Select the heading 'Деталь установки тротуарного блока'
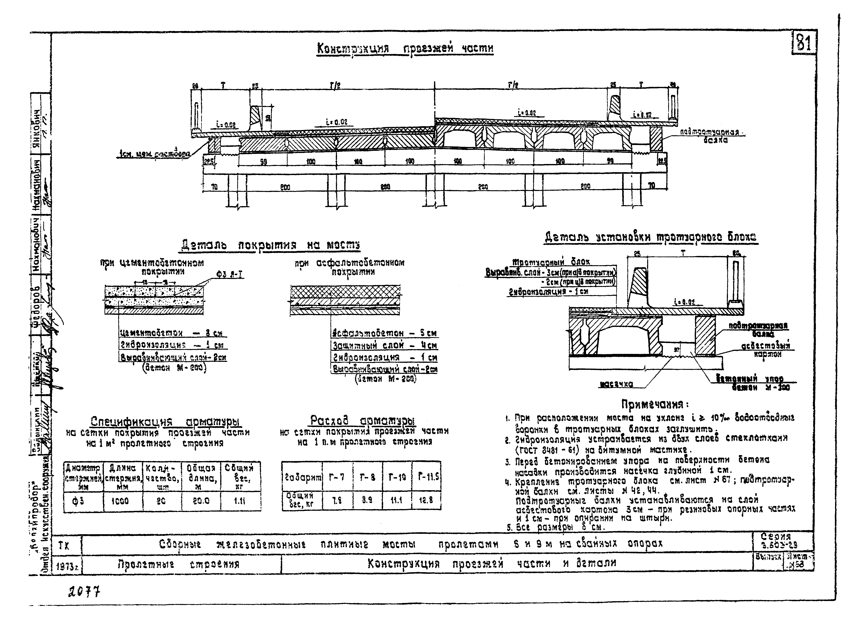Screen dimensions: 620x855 coord(650,237)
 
